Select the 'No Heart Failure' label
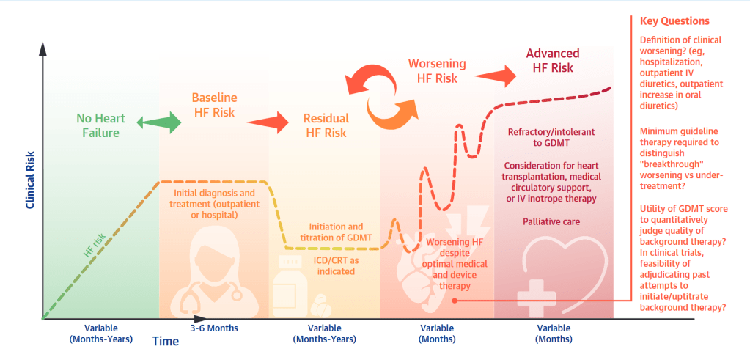98,125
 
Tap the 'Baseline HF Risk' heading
213,105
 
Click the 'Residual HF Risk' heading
326,125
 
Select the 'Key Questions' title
674,21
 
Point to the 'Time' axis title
165,341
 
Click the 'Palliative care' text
551,221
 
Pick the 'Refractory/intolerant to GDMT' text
551,138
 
